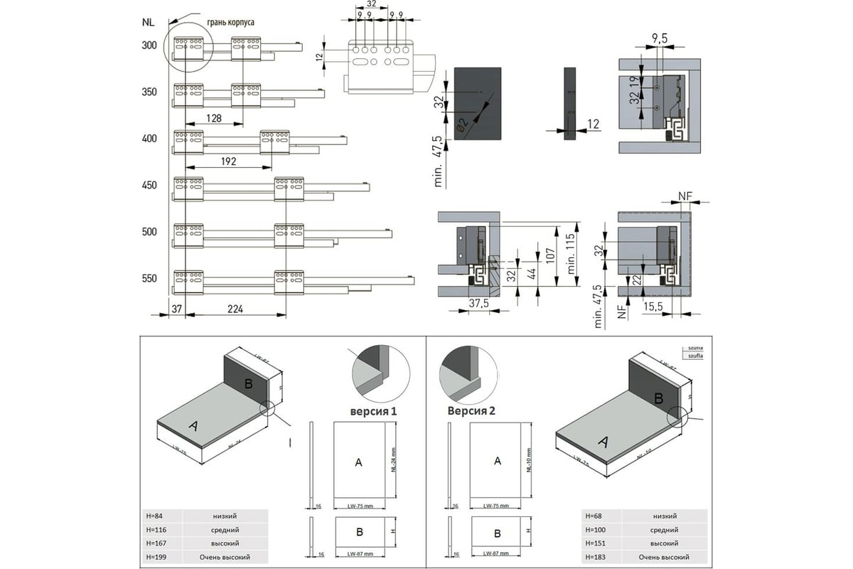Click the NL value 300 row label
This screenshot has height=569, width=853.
[x=149, y=46]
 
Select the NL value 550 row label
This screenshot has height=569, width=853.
[x=149, y=278]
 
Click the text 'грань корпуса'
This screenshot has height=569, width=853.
[x=230, y=23]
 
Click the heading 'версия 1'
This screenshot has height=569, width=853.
[x=373, y=411]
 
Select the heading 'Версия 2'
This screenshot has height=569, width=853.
[x=471, y=410]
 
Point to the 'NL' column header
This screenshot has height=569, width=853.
[x=148, y=21]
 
